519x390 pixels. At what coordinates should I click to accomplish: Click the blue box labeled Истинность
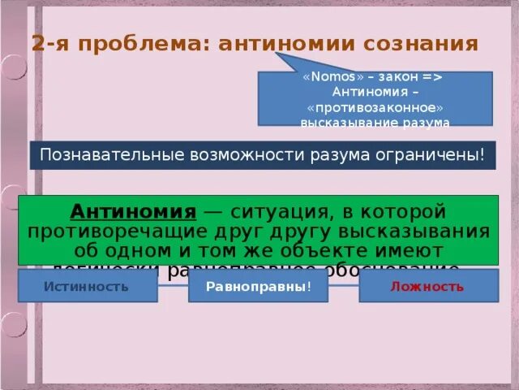[x=87, y=286]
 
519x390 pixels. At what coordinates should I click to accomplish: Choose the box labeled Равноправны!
[x=258, y=287]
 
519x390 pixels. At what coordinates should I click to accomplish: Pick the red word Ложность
[x=427, y=286]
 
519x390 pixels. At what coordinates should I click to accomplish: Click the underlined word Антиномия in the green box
[x=133, y=212]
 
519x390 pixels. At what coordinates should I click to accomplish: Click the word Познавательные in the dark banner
[x=97, y=154]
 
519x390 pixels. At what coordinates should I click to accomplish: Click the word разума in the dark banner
[x=357, y=154]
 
